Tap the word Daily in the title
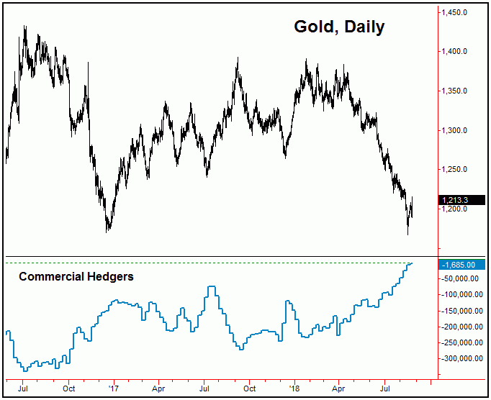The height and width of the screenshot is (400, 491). pos(364,27)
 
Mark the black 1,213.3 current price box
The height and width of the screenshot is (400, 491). pos(461,199)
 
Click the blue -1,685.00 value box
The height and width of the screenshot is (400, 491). pos(461,265)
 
